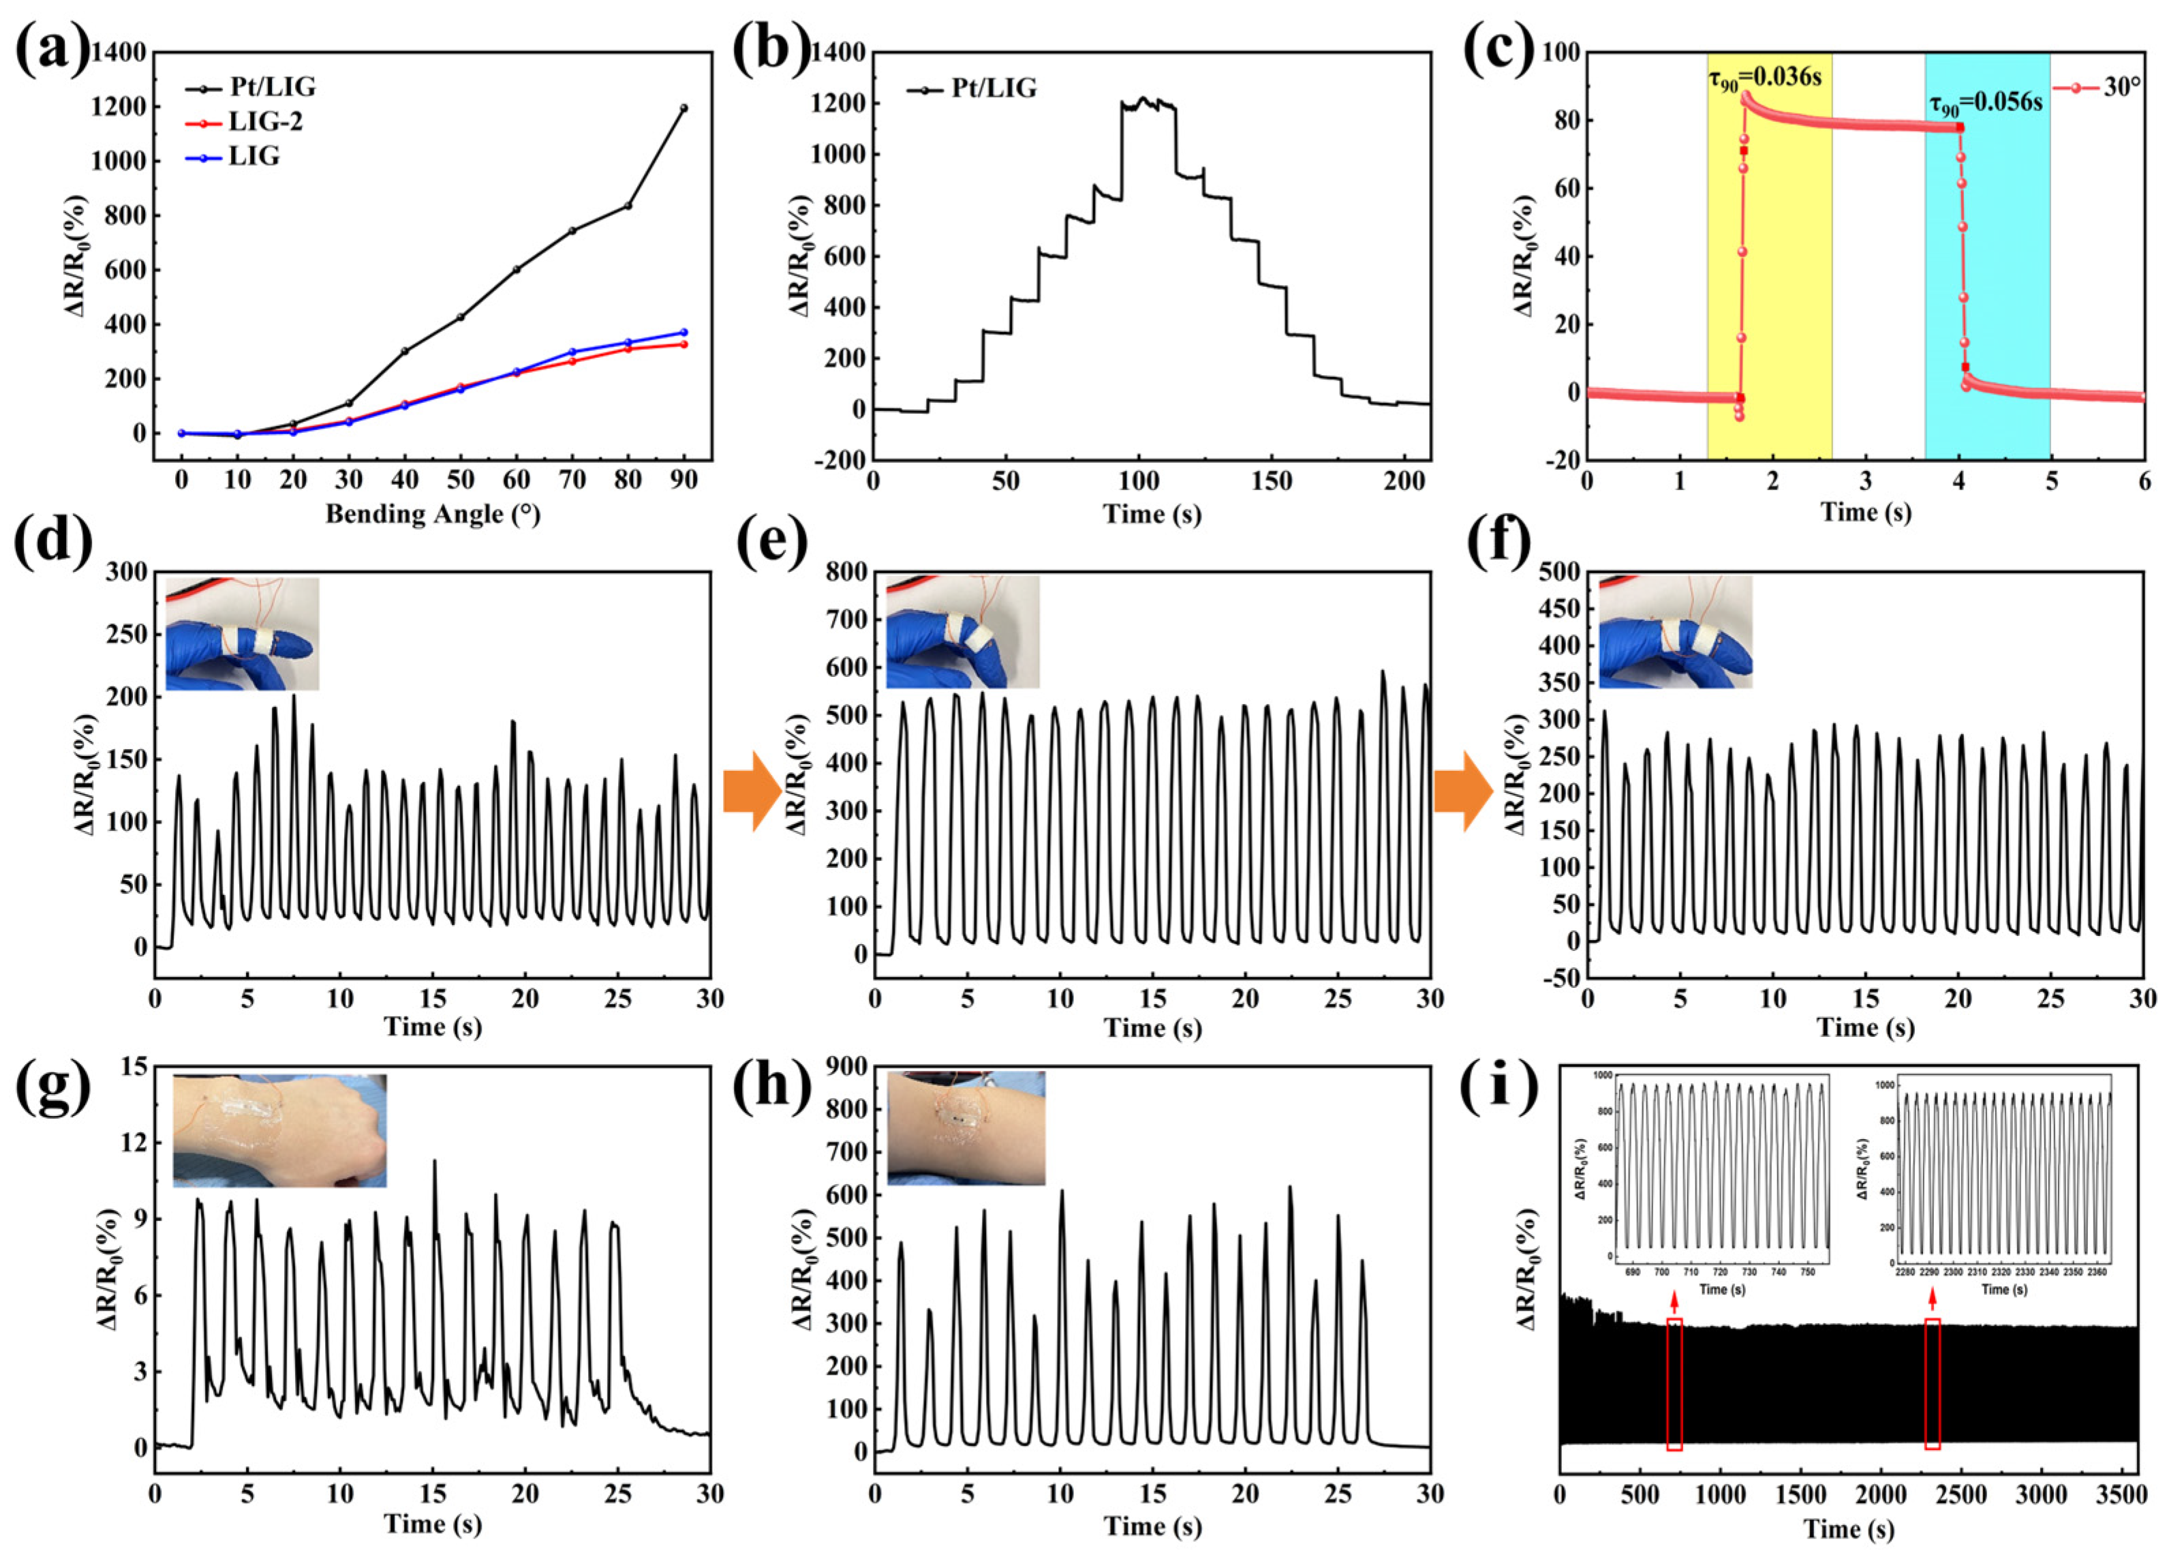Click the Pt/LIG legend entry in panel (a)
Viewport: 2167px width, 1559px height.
[x=250, y=87]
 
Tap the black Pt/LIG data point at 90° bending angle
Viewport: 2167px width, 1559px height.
[x=683, y=108]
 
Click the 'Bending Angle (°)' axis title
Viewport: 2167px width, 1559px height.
[x=433, y=514]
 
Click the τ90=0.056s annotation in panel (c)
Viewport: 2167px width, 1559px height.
[x=1986, y=103]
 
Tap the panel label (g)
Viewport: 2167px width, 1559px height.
[x=52, y=1086]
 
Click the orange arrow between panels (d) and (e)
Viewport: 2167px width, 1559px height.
[x=752, y=791]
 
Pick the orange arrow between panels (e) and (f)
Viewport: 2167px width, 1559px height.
[x=1463, y=791]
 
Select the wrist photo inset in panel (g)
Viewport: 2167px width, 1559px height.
[x=280, y=1131]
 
